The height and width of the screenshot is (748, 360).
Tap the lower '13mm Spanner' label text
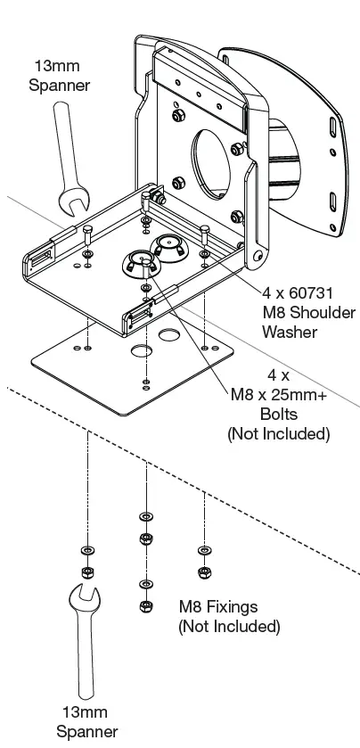[x=86, y=722]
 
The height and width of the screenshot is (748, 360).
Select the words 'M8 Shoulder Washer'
[x=307, y=322]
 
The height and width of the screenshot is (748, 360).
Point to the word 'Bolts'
[x=278, y=415]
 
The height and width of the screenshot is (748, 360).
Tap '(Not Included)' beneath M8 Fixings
[x=229, y=627]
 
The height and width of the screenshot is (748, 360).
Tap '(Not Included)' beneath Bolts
[x=278, y=434]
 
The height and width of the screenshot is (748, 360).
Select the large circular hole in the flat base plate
[x=143, y=350]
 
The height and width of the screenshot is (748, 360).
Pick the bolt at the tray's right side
[x=205, y=234]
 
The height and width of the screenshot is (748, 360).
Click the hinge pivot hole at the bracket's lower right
[x=257, y=257]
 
